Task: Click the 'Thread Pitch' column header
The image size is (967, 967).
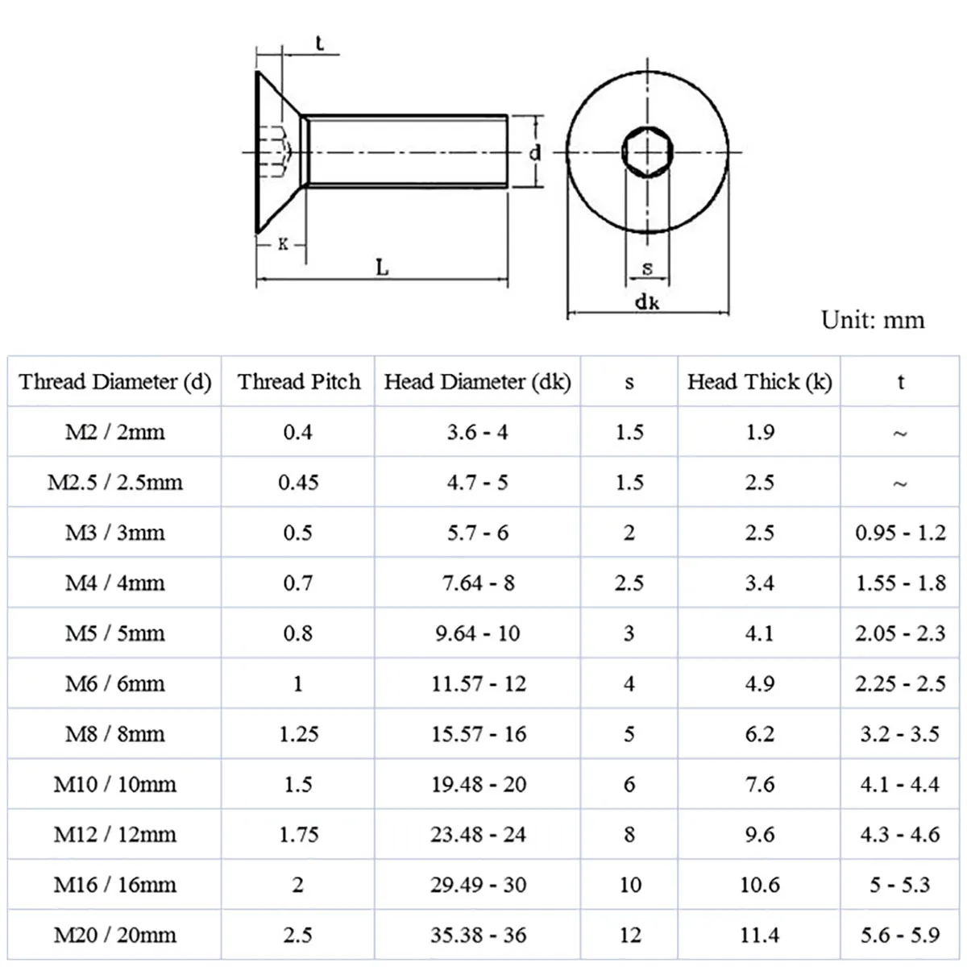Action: click(x=299, y=381)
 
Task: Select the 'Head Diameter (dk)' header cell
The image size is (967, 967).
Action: click(x=477, y=381)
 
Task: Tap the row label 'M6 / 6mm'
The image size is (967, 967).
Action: click(x=114, y=683)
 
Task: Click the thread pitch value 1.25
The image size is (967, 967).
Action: click(x=299, y=733)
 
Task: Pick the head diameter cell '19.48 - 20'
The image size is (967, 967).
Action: click(x=478, y=784)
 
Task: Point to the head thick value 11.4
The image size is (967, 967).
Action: click(x=759, y=935)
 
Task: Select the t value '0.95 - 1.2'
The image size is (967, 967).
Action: click(x=900, y=533)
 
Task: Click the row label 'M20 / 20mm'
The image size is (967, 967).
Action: click(x=114, y=935)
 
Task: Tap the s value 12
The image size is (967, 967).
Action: click(x=629, y=935)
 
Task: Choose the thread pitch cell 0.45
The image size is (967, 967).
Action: click(x=299, y=482)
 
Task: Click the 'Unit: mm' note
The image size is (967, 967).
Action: click(x=873, y=320)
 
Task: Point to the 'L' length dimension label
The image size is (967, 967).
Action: click(x=382, y=268)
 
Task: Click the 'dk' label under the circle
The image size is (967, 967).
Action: click(x=647, y=302)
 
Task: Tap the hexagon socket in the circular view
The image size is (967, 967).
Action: click(x=646, y=151)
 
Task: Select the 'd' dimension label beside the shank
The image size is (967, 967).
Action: click(x=535, y=151)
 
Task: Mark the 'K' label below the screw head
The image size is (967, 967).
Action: click(x=283, y=243)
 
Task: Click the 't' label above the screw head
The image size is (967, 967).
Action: click(x=319, y=44)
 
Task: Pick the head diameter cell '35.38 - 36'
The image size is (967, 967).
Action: click(x=478, y=935)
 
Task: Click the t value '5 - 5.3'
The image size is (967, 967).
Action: click(x=900, y=885)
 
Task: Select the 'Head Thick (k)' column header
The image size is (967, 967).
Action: click(x=759, y=381)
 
